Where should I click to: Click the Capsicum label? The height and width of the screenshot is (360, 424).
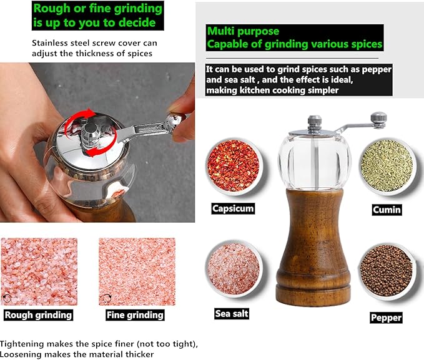(233, 208)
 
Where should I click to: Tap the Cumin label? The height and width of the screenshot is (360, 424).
(386, 210)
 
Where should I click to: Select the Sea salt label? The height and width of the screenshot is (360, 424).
(232, 313)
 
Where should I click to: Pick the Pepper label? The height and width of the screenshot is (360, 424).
(386, 318)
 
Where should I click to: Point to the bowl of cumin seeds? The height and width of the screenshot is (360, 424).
(387, 167)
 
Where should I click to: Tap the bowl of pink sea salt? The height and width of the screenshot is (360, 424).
(233, 269)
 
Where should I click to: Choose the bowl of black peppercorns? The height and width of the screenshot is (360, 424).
(386, 272)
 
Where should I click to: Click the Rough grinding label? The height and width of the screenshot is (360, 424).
(38, 314)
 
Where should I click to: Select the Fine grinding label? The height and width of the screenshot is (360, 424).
(135, 314)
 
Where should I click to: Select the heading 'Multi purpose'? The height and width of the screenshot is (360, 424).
(244, 31)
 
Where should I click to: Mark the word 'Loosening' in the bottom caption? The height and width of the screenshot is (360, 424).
(22, 354)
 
